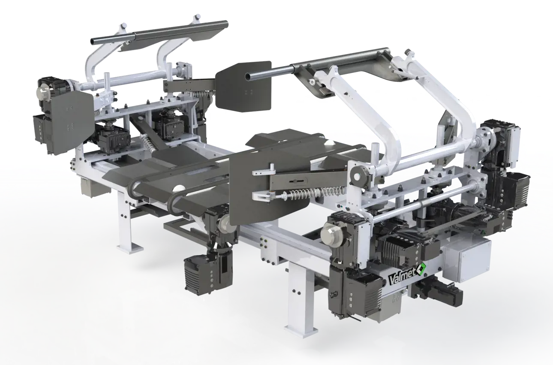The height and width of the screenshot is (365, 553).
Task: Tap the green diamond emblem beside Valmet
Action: pyautogui.click(x=421, y=269)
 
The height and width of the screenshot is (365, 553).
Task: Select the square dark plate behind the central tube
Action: pyautogui.click(x=243, y=87)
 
